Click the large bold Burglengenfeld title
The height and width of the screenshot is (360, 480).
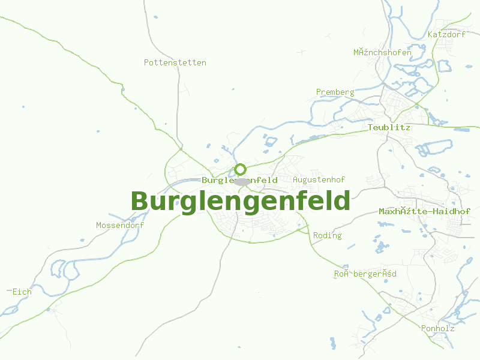240,201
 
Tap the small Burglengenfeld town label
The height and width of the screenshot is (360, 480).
239,180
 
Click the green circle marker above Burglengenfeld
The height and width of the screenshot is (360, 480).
240,169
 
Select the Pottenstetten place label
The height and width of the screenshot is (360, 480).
175,62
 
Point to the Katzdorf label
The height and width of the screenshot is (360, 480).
446,34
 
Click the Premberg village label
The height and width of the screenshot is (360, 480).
335,92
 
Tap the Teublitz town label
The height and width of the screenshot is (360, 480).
389,128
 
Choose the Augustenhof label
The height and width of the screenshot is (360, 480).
319,179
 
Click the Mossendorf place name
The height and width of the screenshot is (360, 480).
120,225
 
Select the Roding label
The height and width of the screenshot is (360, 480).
327,235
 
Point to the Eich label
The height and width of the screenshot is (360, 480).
22,292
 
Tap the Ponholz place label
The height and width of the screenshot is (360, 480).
437,328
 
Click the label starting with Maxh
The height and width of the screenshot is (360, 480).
424,212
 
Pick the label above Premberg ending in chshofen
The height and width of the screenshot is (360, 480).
382,52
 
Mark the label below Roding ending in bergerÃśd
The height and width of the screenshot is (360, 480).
365,274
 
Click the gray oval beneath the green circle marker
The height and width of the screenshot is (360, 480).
242,181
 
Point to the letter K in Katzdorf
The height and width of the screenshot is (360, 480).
430,34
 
